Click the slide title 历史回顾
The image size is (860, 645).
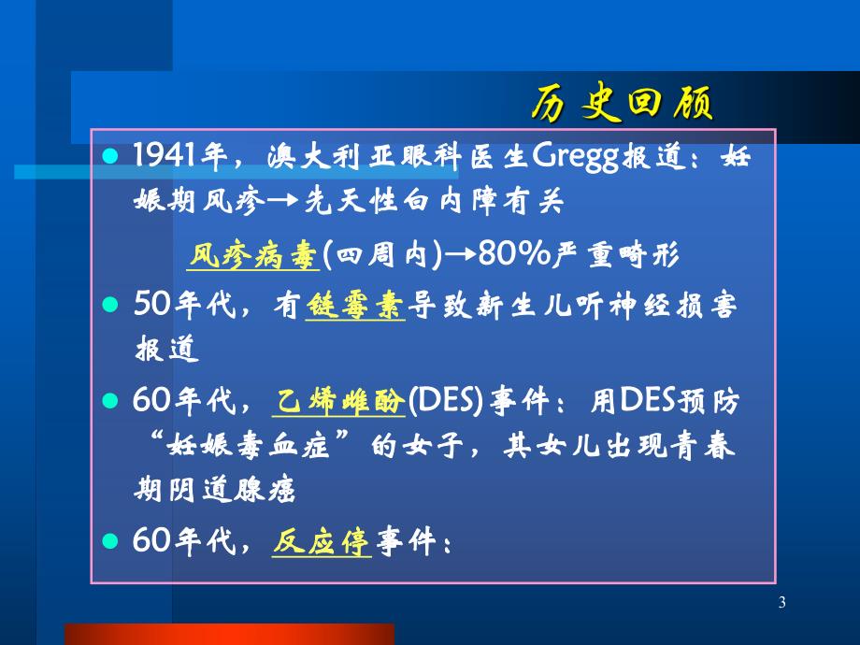(622, 104)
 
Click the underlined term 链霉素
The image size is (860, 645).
(355, 305)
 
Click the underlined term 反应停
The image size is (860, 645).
(322, 541)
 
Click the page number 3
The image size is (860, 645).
(781, 604)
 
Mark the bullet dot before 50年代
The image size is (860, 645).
(111, 305)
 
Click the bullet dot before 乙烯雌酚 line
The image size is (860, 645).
(111, 402)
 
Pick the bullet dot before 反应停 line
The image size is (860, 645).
(111, 541)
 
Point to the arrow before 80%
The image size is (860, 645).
(460, 254)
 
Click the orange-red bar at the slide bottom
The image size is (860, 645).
(229, 634)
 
